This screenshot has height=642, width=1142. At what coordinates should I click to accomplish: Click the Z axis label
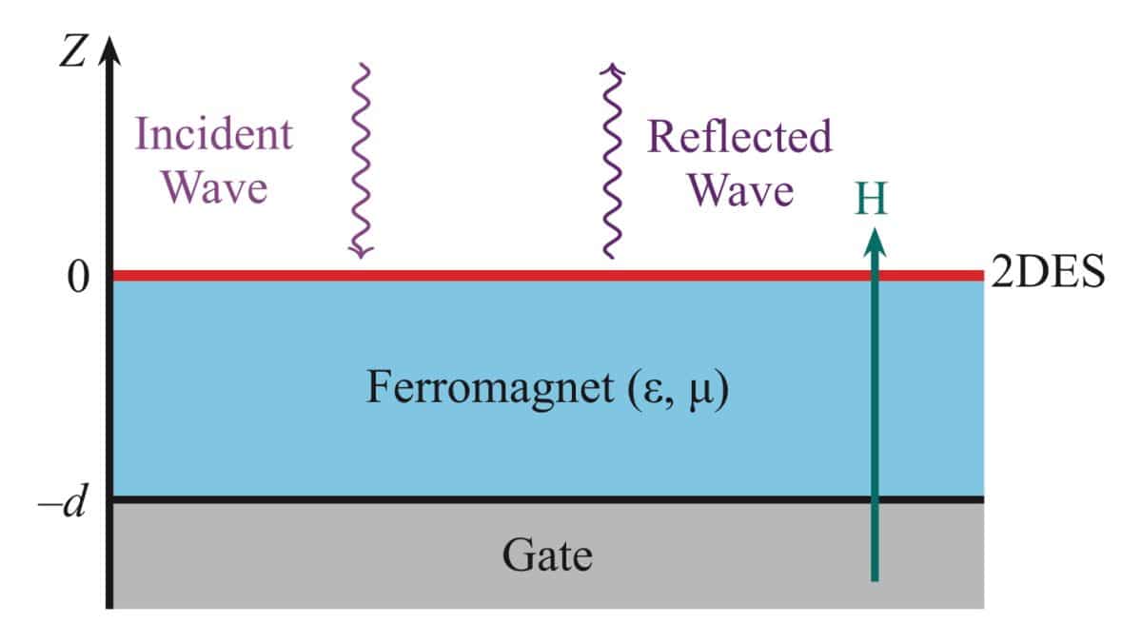click(72, 51)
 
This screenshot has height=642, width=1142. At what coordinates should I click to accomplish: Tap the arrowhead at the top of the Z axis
click(109, 51)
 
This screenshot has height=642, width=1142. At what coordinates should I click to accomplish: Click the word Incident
click(213, 133)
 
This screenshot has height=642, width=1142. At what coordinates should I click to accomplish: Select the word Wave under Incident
click(215, 187)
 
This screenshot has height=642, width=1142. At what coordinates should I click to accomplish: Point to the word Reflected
click(739, 136)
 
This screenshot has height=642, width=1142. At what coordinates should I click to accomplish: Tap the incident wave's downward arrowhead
click(361, 251)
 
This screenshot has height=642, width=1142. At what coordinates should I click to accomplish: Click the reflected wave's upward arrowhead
click(612, 70)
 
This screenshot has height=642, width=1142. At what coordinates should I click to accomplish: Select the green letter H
click(872, 198)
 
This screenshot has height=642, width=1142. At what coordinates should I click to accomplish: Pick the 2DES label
click(1048, 272)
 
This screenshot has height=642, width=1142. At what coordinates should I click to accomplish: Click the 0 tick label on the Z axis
click(78, 278)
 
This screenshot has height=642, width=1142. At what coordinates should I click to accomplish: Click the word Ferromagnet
click(490, 387)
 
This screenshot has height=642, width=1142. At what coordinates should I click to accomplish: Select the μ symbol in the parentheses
click(700, 394)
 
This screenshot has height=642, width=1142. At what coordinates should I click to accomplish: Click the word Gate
click(547, 555)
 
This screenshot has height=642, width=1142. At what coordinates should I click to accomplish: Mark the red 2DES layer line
click(548, 276)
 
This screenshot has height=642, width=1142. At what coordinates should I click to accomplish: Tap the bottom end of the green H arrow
click(875, 580)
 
